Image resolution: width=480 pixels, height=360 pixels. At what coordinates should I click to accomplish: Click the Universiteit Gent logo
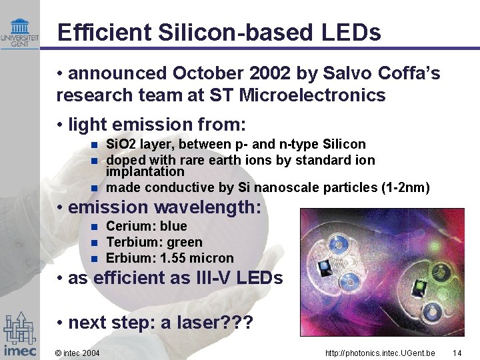(19, 33)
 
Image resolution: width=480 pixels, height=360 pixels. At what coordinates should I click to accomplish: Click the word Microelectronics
(312, 95)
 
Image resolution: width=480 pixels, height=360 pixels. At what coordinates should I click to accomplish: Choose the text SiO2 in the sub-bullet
(119, 144)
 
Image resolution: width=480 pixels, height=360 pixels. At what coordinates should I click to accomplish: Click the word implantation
(145, 171)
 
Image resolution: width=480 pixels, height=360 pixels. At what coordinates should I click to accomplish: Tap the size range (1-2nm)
(405, 188)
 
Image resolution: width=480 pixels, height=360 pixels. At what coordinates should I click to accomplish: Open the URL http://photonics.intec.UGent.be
(380, 353)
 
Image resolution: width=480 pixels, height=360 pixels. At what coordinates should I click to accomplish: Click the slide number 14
(457, 353)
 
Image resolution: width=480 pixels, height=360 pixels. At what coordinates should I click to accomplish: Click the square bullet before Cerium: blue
(95, 227)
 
